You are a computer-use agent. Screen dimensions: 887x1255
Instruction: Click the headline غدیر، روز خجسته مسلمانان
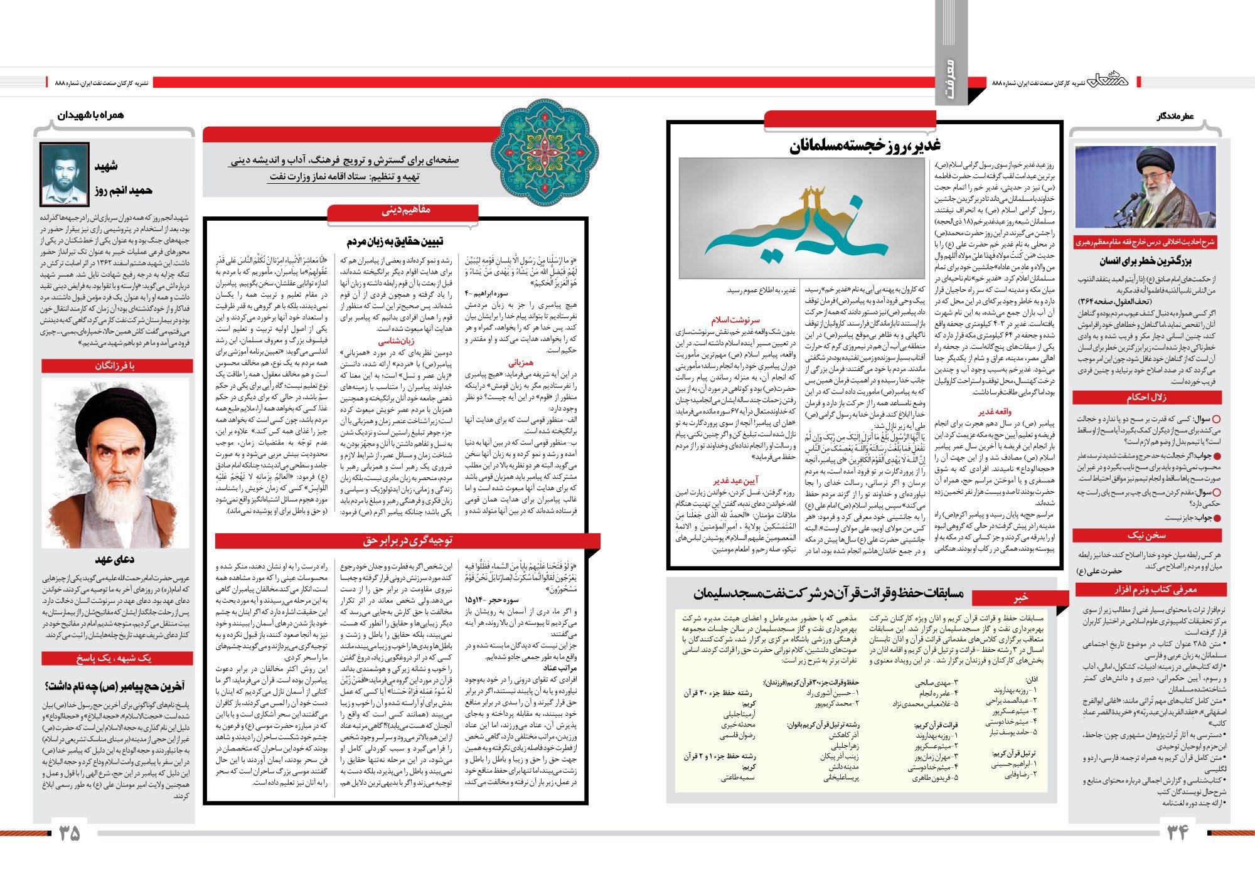tap(864, 146)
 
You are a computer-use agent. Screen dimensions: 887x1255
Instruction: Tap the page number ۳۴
tap(1178, 832)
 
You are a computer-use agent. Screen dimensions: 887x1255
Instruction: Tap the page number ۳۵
tap(70, 832)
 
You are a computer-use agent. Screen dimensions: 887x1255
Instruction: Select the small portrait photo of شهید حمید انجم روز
tap(63, 174)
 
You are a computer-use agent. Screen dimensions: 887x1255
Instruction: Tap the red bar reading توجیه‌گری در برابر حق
tap(407, 540)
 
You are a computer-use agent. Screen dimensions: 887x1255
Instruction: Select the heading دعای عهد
tap(115, 559)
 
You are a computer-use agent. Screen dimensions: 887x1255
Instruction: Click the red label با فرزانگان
tap(115, 366)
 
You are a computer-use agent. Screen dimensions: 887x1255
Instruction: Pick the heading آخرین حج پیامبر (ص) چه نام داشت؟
tap(115, 686)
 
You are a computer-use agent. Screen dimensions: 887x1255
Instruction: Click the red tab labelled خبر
tap(1022, 597)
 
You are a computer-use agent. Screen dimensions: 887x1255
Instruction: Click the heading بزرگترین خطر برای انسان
tap(1145, 260)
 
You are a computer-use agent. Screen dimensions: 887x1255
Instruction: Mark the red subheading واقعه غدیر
tap(995, 411)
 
